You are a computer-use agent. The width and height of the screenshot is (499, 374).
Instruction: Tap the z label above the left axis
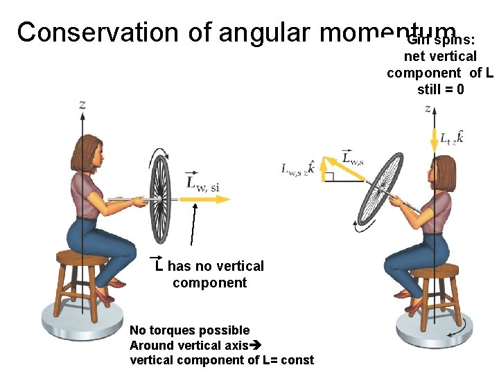[x=83, y=105]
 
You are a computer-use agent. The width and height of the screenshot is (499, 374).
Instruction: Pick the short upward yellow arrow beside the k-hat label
[x=322, y=170]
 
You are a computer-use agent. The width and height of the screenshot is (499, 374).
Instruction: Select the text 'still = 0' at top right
[x=440, y=89]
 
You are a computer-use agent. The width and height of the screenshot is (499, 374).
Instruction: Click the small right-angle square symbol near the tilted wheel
[x=330, y=177]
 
